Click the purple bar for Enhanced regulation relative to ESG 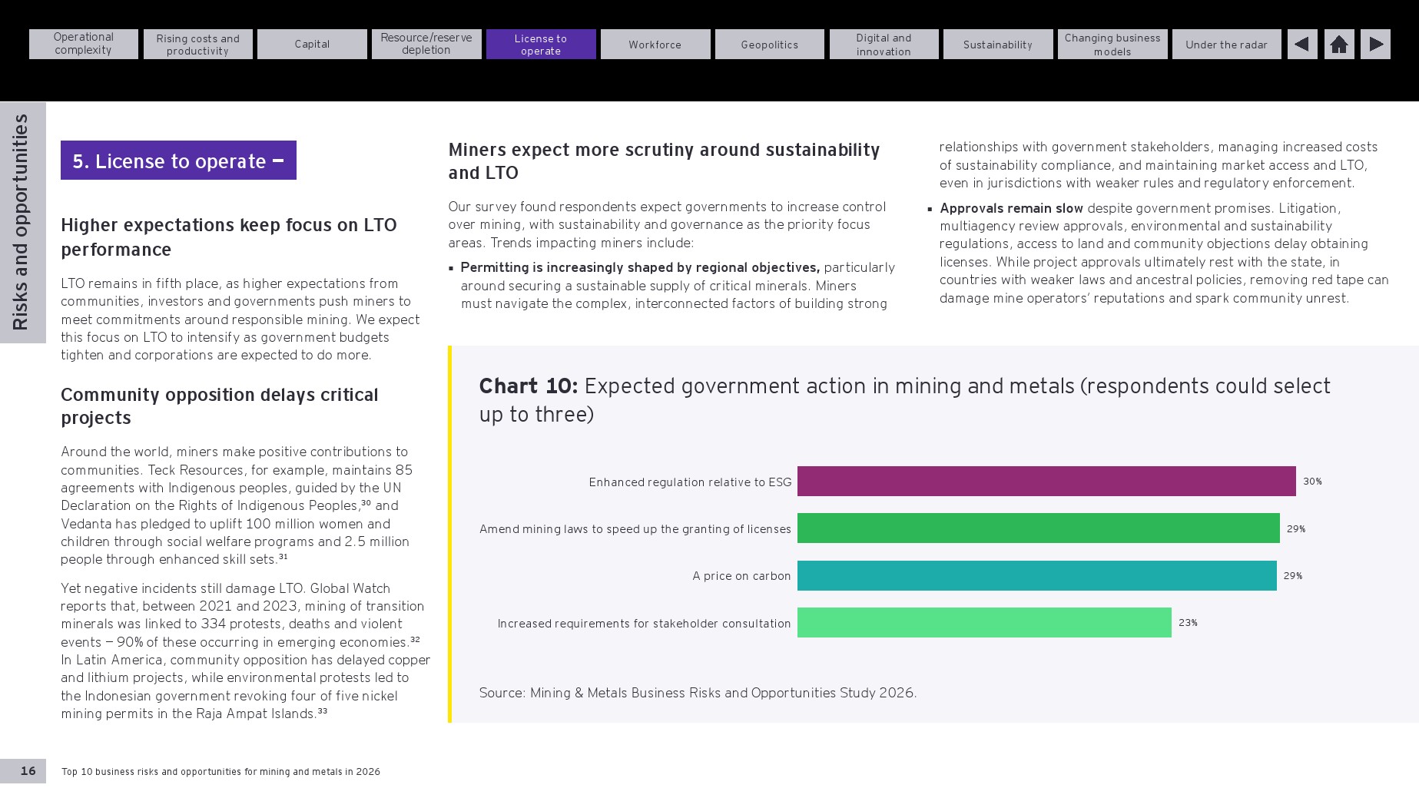click(x=1046, y=482)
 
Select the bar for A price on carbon click(x=1037, y=576)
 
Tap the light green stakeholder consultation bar click(x=984, y=623)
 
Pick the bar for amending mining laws click(x=1039, y=528)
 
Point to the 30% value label click(x=1312, y=482)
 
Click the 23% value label click(x=1188, y=623)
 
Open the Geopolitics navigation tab click(x=769, y=45)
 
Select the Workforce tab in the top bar click(x=655, y=45)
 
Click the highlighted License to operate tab click(x=541, y=45)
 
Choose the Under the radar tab click(x=1226, y=45)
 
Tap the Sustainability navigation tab click(x=997, y=45)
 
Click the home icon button click(x=1339, y=45)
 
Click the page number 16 click(x=28, y=771)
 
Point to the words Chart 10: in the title click(x=529, y=386)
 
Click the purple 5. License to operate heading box click(x=178, y=161)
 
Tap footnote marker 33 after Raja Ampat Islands click(x=323, y=711)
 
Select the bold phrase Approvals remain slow click(x=1011, y=208)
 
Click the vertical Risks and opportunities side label click(x=21, y=222)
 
